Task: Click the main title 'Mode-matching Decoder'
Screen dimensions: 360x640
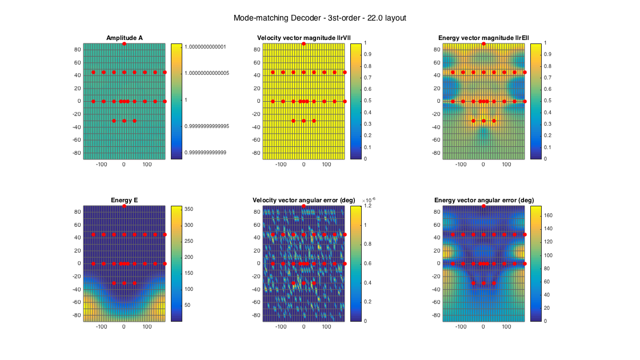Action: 319,18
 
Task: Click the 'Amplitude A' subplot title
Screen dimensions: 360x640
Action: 125,38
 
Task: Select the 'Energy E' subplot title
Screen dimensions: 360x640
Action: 125,200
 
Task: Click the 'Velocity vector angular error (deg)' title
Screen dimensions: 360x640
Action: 303,200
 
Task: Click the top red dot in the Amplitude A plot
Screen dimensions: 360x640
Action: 125,44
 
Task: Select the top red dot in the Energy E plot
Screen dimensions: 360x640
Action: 125,206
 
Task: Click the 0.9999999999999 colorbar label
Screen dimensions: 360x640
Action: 210,152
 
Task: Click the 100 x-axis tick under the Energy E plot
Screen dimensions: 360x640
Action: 147,327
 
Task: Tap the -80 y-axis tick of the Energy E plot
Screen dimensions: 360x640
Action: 76,315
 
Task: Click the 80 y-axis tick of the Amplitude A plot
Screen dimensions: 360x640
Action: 77,49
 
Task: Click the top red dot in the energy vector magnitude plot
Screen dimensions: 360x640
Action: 483,44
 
